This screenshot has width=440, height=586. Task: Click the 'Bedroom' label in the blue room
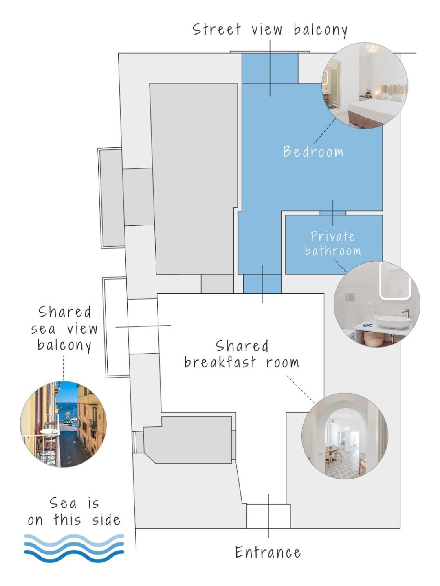(x=313, y=152)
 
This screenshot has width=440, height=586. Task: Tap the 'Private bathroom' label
(x=333, y=243)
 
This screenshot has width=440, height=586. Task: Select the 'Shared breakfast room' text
(x=242, y=354)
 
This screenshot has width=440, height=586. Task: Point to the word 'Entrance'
(x=268, y=552)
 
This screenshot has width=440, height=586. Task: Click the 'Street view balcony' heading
(x=270, y=30)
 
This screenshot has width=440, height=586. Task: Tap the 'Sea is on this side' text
(x=74, y=512)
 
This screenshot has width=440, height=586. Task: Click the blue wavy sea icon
(x=74, y=545)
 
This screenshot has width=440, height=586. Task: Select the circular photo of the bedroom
(x=365, y=85)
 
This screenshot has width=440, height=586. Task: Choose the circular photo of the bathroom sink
(x=377, y=304)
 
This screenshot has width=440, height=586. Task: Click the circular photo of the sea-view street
(x=63, y=424)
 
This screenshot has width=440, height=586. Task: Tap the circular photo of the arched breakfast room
(x=345, y=436)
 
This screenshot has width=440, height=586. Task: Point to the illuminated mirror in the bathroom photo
(x=395, y=280)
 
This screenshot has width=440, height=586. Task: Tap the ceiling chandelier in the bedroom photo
(x=372, y=48)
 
